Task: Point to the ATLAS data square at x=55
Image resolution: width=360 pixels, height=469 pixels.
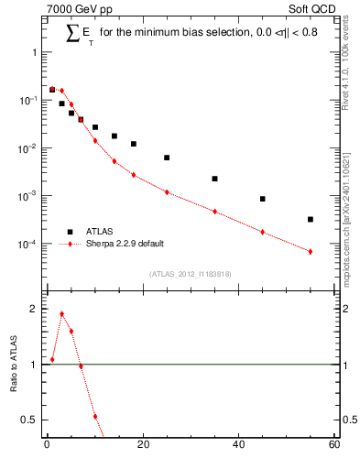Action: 311,219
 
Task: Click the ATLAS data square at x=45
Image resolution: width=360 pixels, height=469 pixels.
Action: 263,199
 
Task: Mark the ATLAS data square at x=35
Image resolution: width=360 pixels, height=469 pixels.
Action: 214,179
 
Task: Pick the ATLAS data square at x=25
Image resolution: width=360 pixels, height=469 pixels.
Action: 167,158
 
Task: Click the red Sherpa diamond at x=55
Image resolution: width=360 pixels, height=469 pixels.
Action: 311,252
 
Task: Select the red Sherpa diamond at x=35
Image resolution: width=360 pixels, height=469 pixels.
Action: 214,212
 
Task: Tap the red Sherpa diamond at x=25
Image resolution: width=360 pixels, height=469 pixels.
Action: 167,192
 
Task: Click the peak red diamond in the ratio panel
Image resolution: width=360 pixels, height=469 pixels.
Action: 61,314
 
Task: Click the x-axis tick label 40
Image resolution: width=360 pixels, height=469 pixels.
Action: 238,446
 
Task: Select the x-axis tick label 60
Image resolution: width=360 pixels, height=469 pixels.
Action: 334,446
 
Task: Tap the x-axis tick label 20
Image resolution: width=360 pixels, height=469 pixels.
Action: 142,446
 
